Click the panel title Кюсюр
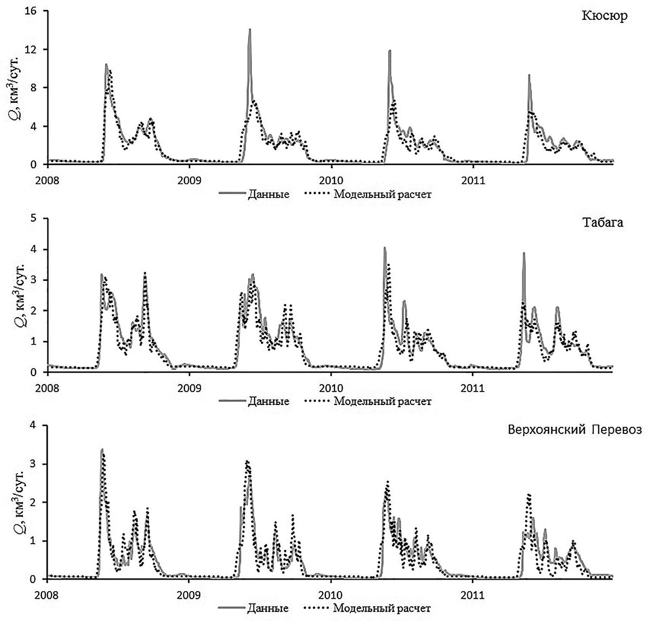[604, 16]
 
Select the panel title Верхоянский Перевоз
[575, 430]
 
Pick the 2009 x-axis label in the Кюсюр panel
[189, 180]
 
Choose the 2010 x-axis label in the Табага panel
[331, 388]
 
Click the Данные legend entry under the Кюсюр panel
[268, 194]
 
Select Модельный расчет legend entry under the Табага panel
[382, 401]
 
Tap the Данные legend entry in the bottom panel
[267, 608]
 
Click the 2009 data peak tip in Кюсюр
[250, 29]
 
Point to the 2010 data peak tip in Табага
[385, 248]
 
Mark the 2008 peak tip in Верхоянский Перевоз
[102, 449]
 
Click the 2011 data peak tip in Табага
[524, 253]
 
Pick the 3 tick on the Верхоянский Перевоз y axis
[36, 464]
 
